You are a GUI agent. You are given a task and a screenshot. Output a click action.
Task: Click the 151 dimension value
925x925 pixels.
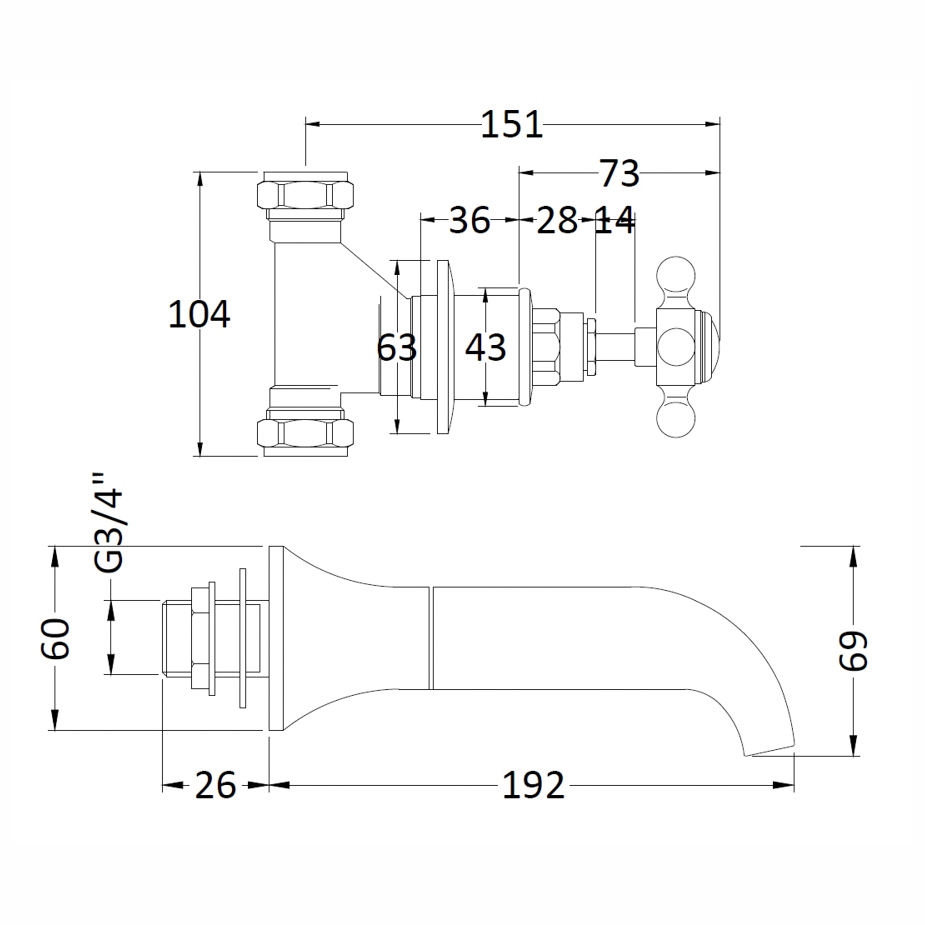[x=511, y=125]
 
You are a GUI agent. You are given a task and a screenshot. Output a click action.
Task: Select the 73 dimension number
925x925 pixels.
[x=619, y=173]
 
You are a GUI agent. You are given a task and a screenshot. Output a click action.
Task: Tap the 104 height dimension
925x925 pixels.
[x=199, y=314]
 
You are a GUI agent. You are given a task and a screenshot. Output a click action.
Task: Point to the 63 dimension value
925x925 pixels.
[x=396, y=347]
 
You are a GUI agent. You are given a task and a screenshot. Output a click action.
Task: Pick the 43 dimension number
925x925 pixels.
[x=485, y=347]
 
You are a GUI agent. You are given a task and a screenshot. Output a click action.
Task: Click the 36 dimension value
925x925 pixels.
[x=470, y=220]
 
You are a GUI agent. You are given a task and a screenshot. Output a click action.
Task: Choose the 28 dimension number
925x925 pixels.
[x=557, y=220]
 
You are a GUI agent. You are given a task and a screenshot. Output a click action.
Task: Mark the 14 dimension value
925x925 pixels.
[x=614, y=220]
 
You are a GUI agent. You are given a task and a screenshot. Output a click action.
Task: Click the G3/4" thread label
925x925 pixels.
[x=109, y=522]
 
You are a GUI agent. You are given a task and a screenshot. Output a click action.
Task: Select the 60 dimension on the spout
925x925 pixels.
[x=55, y=639]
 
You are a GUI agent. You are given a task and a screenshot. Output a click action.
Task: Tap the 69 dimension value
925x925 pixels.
[x=853, y=650]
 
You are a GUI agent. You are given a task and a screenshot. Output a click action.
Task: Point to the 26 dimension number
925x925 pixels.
[x=215, y=785]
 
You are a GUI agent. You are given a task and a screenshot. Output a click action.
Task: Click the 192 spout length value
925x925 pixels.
[x=533, y=785]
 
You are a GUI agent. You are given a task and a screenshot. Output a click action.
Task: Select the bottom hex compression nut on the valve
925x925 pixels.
[x=306, y=433]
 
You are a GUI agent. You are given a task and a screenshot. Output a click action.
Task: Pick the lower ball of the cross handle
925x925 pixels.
[x=675, y=418]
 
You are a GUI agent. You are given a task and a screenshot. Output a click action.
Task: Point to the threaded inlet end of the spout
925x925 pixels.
[x=176, y=638]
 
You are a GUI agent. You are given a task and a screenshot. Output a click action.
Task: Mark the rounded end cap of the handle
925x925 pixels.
[x=710, y=347]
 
